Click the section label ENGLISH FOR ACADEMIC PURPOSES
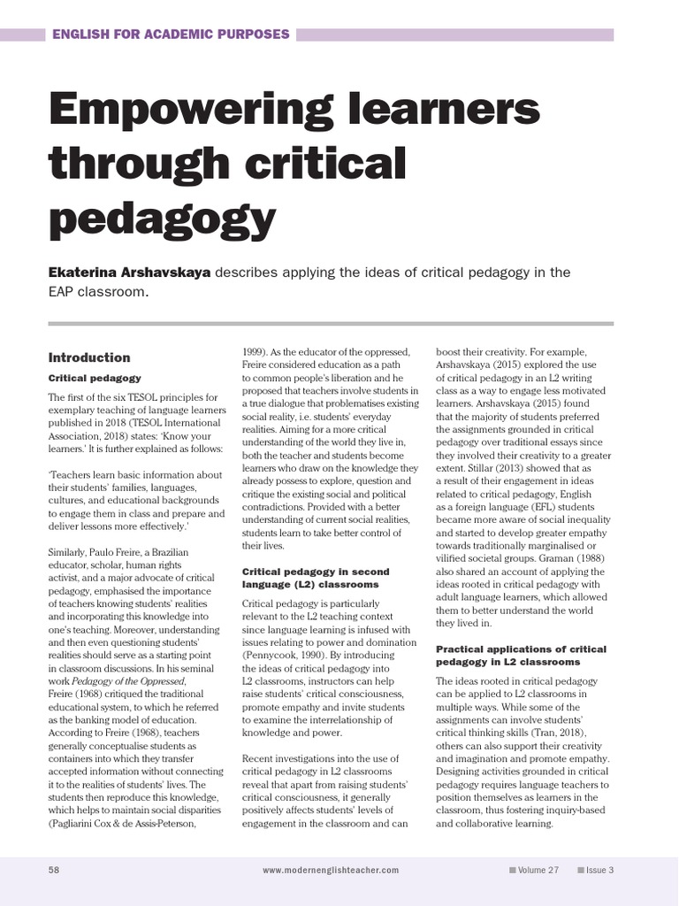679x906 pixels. click(x=171, y=35)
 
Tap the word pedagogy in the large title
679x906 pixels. click(x=162, y=215)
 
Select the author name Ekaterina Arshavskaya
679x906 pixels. click(x=129, y=272)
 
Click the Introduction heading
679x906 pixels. click(x=88, y=357)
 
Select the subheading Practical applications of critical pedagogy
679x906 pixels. click(x=521, y=655)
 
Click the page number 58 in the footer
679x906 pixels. click(x=54, y=870)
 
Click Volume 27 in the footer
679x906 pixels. click(x=538, y=870)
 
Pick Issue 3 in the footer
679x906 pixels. click(x=599, y=870)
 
